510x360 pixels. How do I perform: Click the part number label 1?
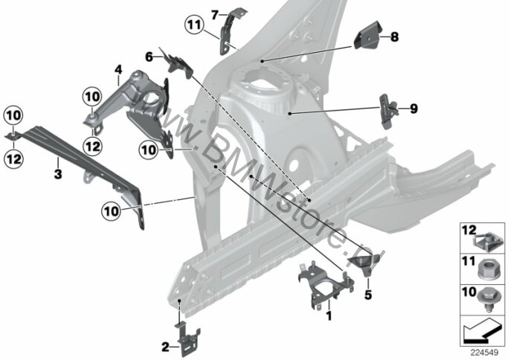tap(329, 315)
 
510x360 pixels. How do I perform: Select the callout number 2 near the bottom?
tap(165, 347)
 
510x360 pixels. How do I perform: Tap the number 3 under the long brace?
tap(58, 173)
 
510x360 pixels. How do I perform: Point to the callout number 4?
tap(118, 69)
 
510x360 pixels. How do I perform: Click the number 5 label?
tap(368, 295)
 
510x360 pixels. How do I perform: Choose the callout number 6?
tap(149, 57)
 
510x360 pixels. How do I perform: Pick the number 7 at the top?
tap(214, 15)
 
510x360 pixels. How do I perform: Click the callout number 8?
tap(394, 36)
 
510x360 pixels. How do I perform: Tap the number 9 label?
tap(413, 109)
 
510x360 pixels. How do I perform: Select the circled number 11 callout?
tap(195, 25)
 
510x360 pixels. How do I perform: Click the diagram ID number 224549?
tap(485, 353)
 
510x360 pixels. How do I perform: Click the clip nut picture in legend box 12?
tap(484, 241)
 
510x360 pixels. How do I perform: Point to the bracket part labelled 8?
tap(367, 35)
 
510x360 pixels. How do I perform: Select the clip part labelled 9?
tap(389, 112)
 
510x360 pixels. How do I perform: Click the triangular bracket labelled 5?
tap(364, 263)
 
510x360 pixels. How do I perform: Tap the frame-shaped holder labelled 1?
tap(326, 284)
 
